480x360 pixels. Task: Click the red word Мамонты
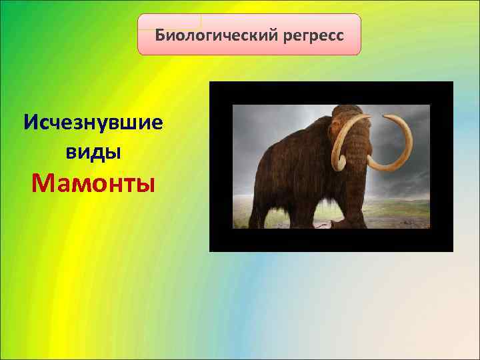click(93, 181)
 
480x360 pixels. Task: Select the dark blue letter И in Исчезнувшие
click(30, 123)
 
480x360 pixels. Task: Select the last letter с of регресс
click(340, 35)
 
